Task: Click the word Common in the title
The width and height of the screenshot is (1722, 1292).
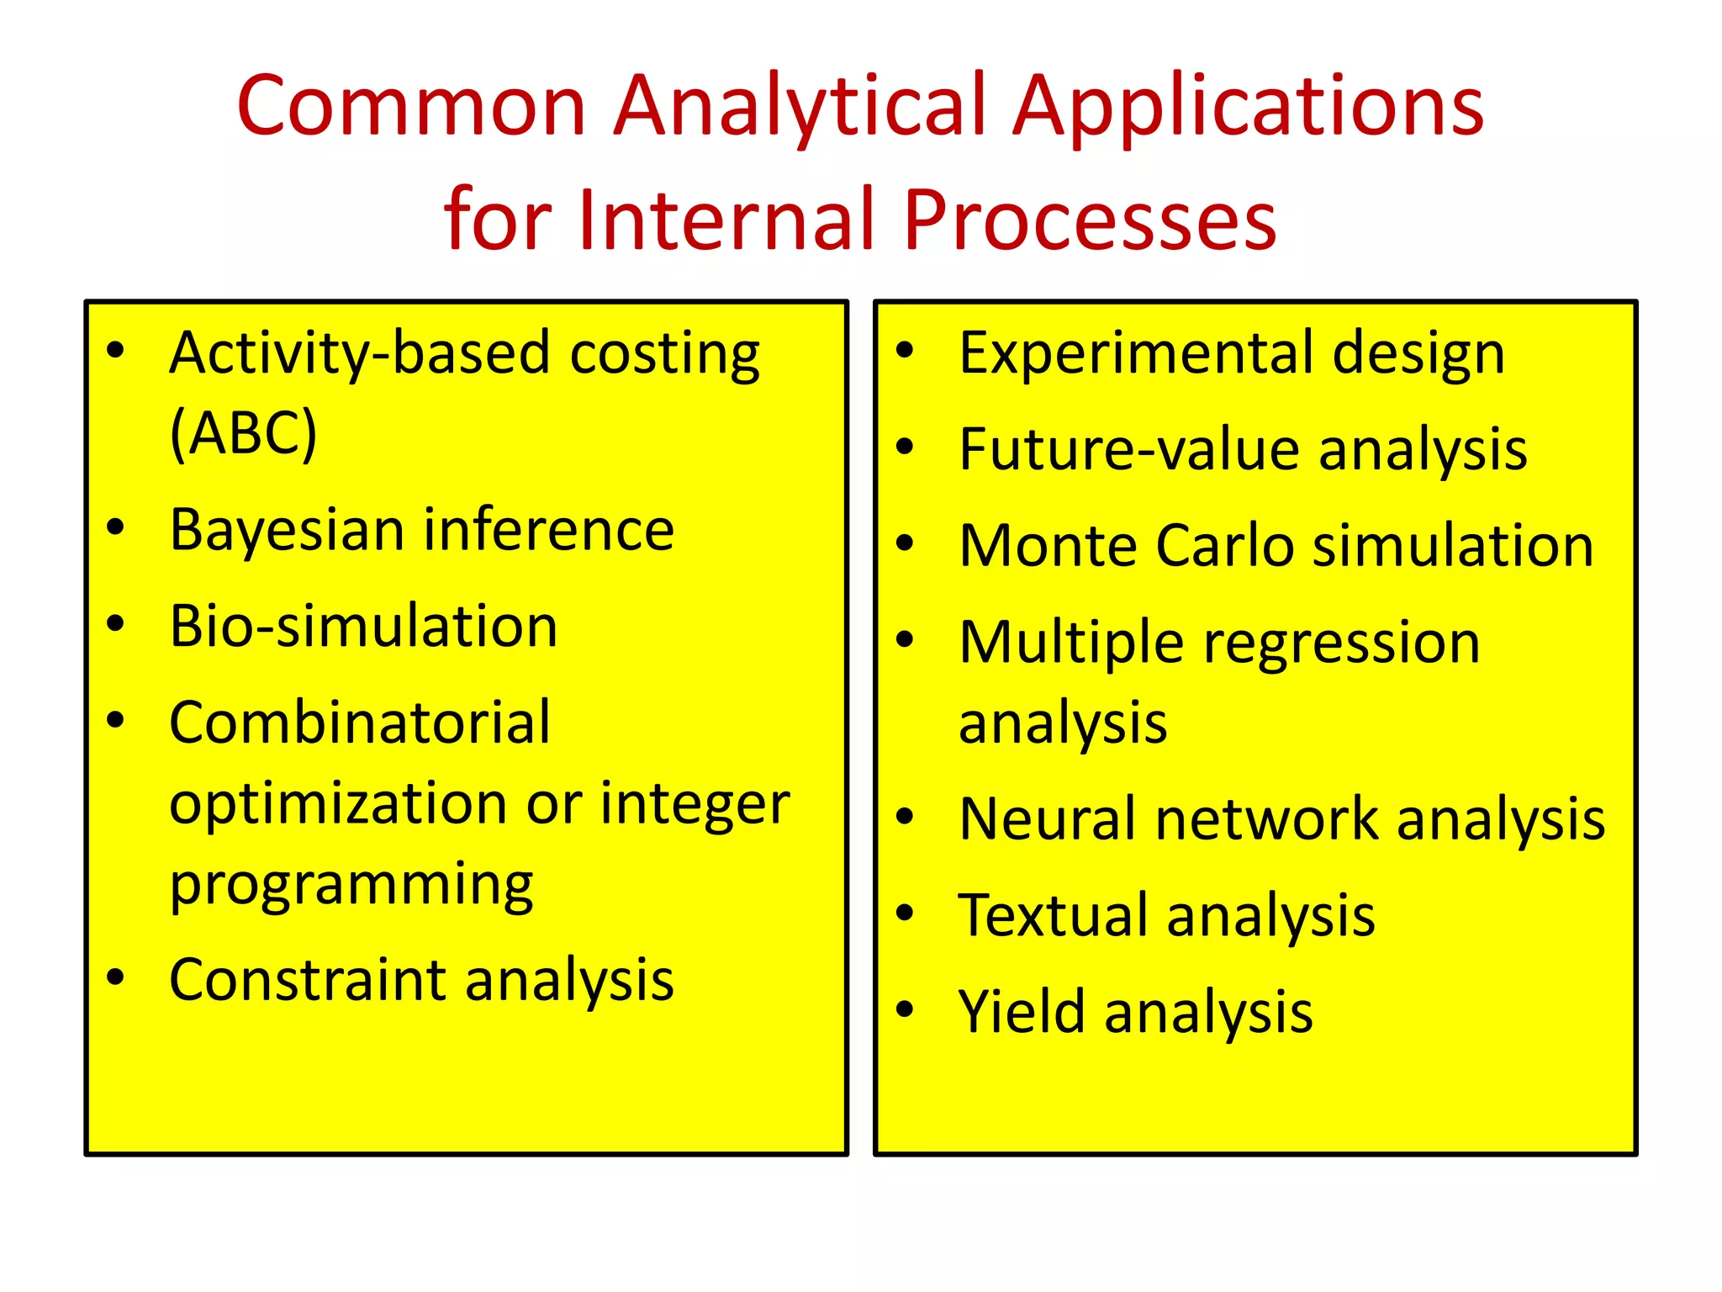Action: click(411, 107)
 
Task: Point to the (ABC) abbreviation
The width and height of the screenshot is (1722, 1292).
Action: click(243, 434)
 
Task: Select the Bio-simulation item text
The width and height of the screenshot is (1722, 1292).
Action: click(363, 627)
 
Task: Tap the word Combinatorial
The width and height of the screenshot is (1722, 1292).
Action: click(359, 723)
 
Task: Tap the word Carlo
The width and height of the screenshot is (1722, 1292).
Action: click(1224, 546)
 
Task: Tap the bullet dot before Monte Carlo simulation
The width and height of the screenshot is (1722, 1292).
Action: click(905, 543)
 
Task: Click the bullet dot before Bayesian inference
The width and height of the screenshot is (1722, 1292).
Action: click(116, 527)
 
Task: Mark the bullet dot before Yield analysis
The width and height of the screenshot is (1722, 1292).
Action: click(905, 1009)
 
